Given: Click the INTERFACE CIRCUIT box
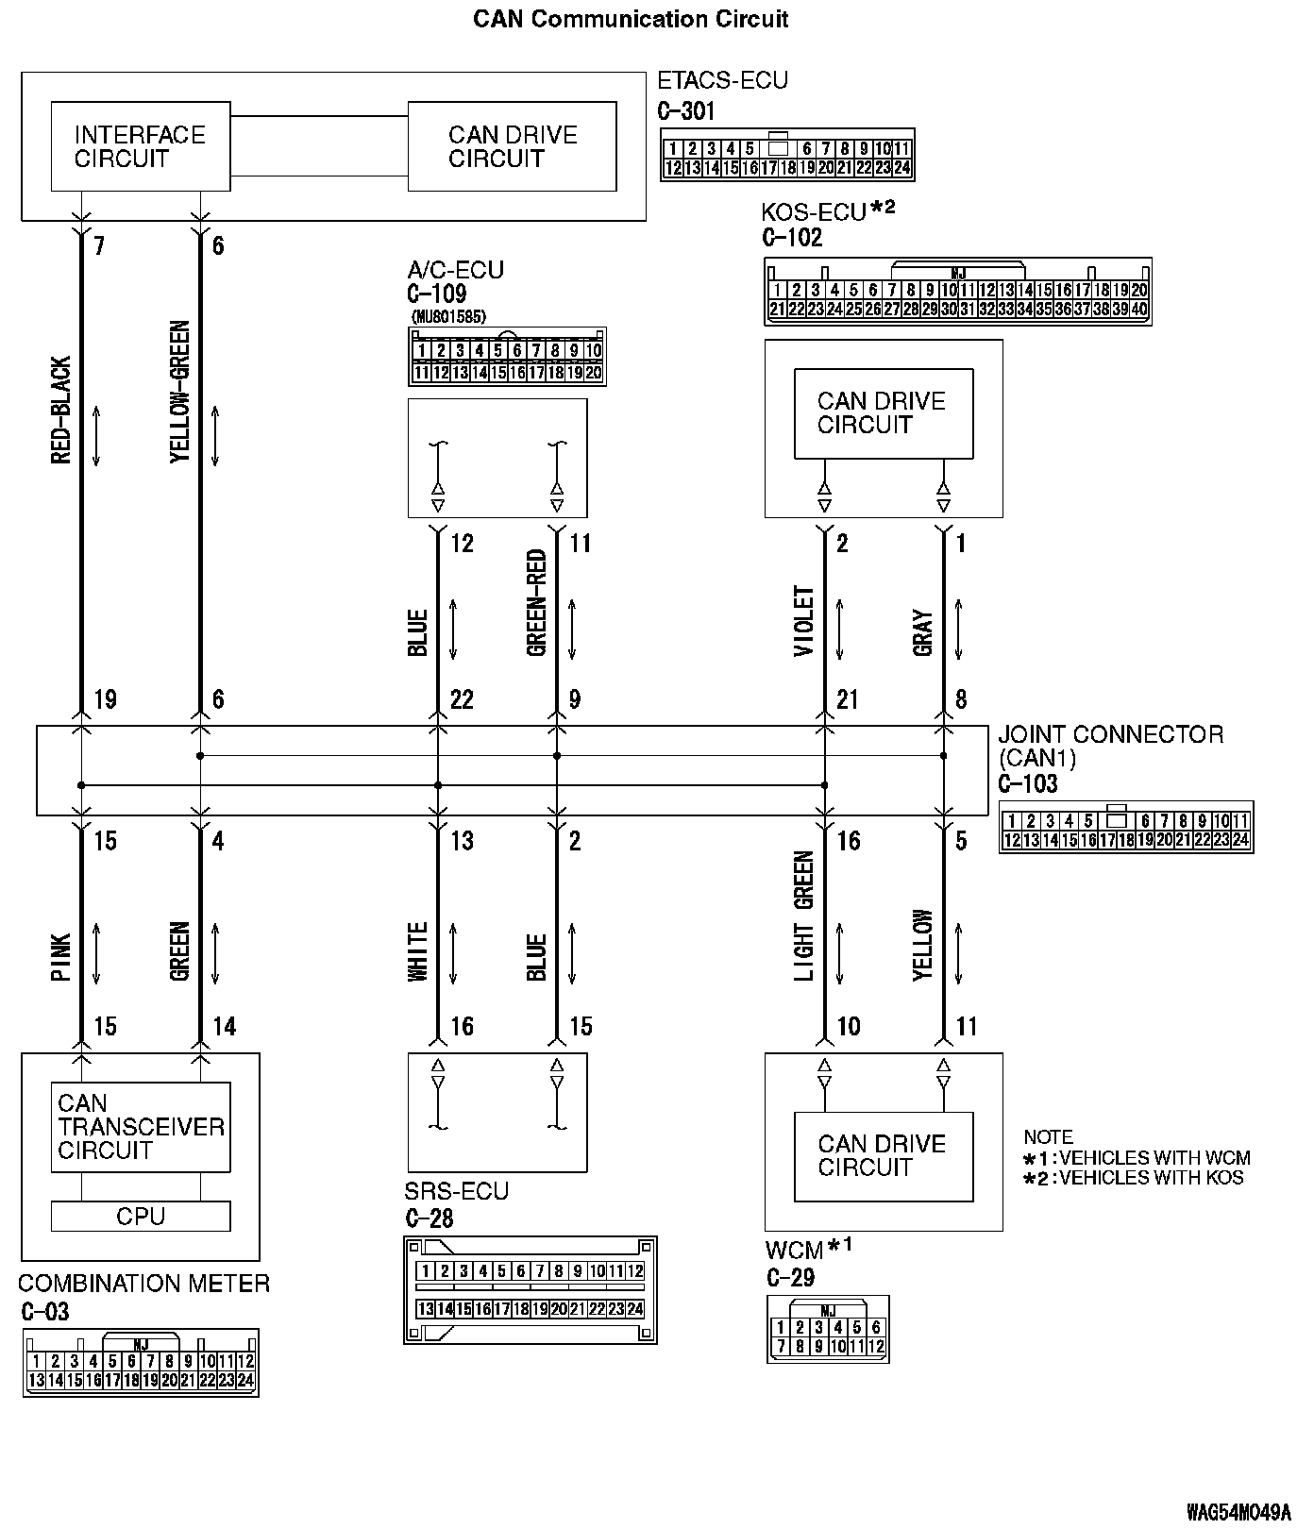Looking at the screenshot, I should [140, 146].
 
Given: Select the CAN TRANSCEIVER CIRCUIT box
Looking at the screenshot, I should [140, 1127].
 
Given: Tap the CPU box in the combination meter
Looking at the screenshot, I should [140, 1217].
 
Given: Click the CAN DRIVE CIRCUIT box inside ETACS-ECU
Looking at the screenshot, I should [512, 146].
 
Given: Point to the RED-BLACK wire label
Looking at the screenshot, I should [61, 411].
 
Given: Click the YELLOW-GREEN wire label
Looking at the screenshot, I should [180, 392].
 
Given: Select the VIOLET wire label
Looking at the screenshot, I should [804, 621].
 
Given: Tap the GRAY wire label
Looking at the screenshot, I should [923, 633].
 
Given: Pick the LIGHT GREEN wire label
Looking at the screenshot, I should [804, 916].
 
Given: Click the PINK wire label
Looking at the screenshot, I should [61, 958].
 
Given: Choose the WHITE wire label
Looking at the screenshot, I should [418, 951].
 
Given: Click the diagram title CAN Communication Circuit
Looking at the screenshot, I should [631, 19].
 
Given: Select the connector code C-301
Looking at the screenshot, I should [686, 111].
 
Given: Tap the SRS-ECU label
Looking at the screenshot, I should [457, 1191].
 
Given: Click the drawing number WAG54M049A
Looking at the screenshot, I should [1238, 1512].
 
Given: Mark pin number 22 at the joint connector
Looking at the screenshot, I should [462, 700].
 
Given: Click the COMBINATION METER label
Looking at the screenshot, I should [143, 1284].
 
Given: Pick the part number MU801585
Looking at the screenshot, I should [448, 317].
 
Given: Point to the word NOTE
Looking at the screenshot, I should [1048, 1137].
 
